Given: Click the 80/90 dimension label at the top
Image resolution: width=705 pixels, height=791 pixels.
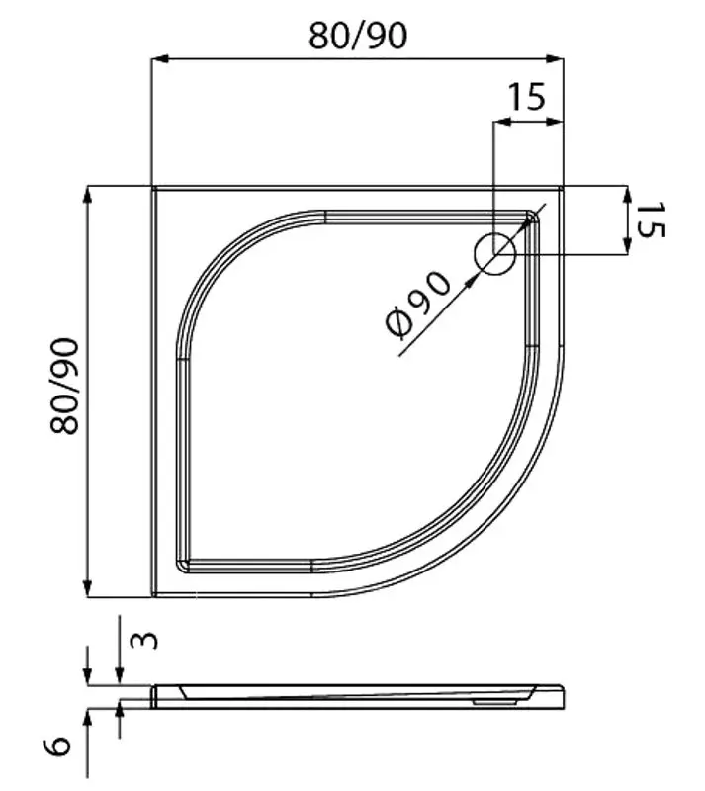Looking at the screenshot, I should (x=357, y=36).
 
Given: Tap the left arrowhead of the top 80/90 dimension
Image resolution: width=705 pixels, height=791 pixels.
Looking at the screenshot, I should (x=156, y=59).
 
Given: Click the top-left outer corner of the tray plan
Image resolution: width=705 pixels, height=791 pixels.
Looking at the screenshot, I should (x=151, y=186).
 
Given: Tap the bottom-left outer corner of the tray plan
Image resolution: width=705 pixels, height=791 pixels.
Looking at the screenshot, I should (x=151, y=596).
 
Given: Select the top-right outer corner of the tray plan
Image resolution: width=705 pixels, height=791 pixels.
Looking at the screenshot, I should (x=563, y=186).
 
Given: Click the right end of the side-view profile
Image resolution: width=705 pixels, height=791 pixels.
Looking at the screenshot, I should (x=565, y=696).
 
